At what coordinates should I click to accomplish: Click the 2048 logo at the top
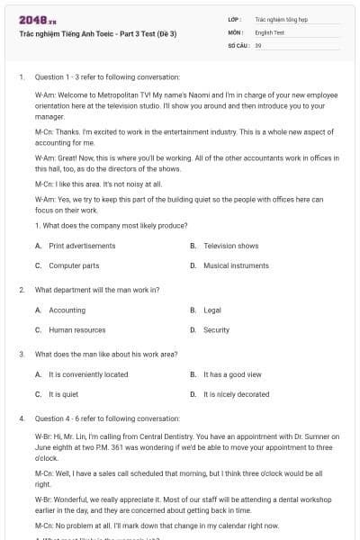[x=37, y=19]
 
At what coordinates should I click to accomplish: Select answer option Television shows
[x=230, y=246]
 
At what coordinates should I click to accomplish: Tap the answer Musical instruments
[x=236, y=265]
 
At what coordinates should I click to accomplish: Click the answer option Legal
[x=212, y=310]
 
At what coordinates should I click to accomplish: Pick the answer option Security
[x=216, y=329]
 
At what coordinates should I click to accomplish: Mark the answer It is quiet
[x=64, y=394]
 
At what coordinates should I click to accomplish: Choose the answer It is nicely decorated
[x=236, y=394]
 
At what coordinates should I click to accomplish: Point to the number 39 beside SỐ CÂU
[x=258, y=44]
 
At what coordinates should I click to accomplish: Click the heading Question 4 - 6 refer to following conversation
[x=107, y=418]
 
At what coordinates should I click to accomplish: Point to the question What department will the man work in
[x=97, y=290]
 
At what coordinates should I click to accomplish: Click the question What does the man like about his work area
[x=106, y=354]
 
